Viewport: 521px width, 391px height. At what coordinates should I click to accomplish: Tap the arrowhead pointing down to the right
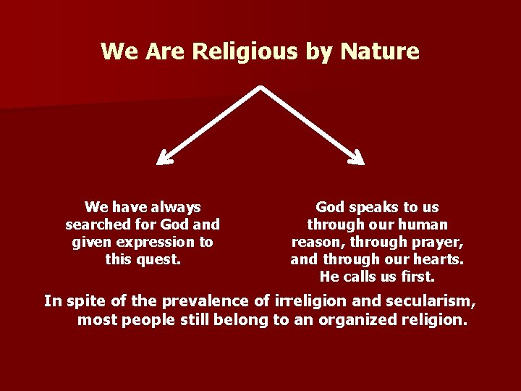[357, 157]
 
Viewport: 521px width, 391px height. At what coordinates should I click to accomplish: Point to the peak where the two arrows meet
[260, 89]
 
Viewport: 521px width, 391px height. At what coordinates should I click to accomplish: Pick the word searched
[96, 224]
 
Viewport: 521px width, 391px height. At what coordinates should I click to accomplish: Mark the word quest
[160, 259]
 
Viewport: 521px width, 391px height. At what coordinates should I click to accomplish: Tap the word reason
[316, 242]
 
